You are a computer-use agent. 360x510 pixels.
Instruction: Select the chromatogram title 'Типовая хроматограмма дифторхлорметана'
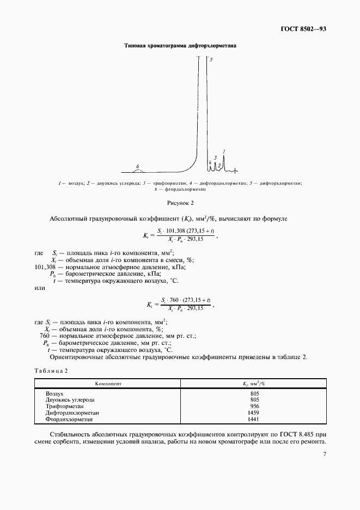pos(180,46)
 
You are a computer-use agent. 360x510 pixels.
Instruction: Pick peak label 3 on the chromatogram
pos(215,157)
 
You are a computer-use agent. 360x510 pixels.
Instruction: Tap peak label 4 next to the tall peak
pos(210,162)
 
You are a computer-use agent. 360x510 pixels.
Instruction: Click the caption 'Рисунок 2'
pos(180,203)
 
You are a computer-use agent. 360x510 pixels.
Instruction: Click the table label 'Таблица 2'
pos(50,371)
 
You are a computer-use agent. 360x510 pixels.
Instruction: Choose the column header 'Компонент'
pos(108,384)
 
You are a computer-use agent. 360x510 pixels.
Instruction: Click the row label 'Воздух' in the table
pos(55,393)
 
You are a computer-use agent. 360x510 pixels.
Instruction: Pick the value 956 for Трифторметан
pos(253,406)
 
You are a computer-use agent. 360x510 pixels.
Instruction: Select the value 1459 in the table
pos(253,413)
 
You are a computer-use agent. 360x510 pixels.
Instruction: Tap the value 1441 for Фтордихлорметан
pos(253,420)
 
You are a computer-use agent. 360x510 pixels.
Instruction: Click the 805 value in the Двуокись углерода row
pos(253,399)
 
